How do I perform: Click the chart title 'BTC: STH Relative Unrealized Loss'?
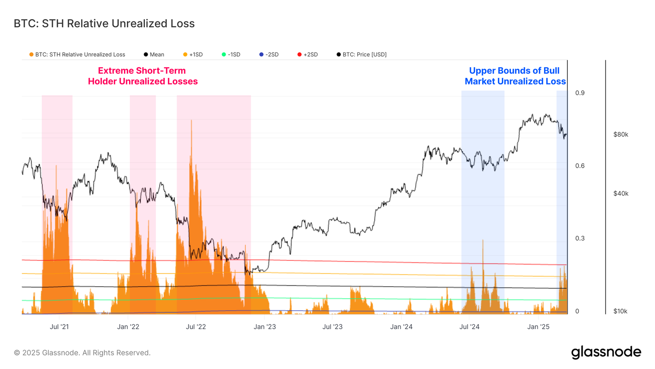click(104, 24)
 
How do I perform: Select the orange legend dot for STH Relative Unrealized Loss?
click(32, 55)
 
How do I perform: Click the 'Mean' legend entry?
click(154, 55)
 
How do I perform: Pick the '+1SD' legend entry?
click(193, 55)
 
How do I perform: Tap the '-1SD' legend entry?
click(231, 55)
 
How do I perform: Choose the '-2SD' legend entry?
click(269, 55)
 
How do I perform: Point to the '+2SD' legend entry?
click(307, 55)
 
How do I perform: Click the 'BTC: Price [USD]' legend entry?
click(361, 55)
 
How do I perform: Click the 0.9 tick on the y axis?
click(580, 93)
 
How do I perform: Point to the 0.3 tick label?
click(580, 239)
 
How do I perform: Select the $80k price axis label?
click(621, 134)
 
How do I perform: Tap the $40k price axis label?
click(621, 194)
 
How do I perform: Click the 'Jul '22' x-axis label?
click(196, 327)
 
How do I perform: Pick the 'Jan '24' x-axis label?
click(401, 327)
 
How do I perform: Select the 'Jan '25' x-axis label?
click(538, 327)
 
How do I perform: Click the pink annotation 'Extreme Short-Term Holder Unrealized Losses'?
click(143, 76)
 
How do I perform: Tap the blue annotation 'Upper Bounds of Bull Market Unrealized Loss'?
click(515, 76)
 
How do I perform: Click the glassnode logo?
click(606, 352)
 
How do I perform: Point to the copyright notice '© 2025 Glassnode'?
click(82, 353)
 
